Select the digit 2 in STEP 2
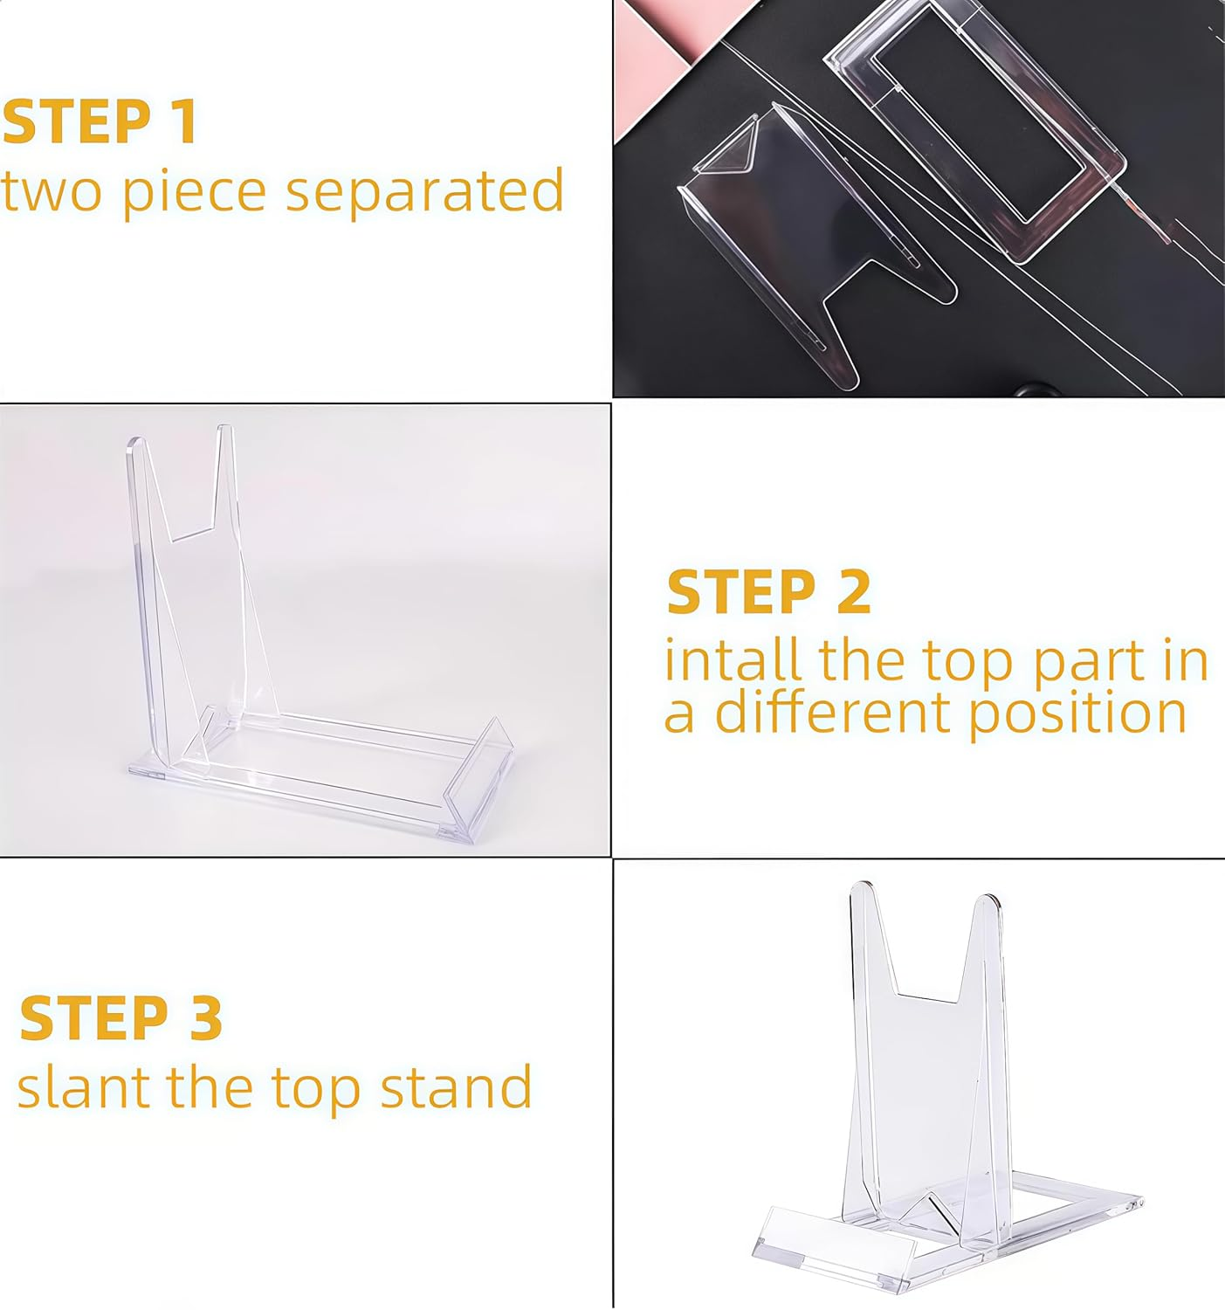(853, 592)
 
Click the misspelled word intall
(732, 660)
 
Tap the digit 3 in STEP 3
(206, 1018)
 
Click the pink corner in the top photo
(650, 61)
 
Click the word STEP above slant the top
(93, 1018)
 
